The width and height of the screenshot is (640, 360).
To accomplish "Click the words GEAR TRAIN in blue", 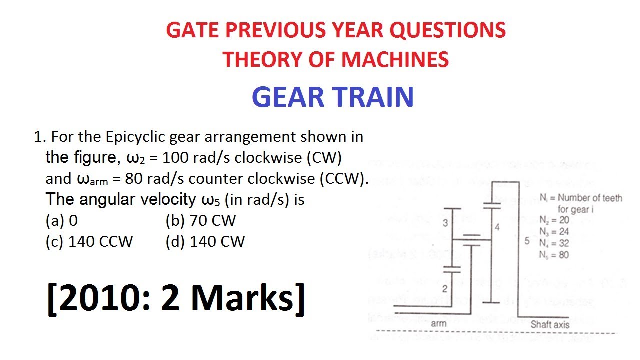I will pyautogui.click(x=333, y=97).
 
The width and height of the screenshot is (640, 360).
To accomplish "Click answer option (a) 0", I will pyautogui.click(x=62, y=220).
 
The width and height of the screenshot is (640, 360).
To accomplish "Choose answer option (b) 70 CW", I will pyautogui.click(x=200, y=220).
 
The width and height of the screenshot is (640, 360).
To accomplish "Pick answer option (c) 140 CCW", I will pyautogui.click(x=89, y=242).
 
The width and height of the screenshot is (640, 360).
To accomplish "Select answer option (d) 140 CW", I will pyautogui.click(x=205, y=242).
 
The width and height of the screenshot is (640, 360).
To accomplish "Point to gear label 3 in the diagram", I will pyautogui.click(x=445, y=223).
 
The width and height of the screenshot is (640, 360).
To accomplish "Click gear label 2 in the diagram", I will pyautogui.click(x=444, y=288).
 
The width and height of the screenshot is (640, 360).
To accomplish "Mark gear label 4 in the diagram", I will pyautogui.click(x=496, y=227).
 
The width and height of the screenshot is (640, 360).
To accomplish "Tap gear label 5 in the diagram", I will pyautogui.click(x=526, y=241).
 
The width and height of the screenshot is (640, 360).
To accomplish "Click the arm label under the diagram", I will pyautogui.click(x=438, y=323).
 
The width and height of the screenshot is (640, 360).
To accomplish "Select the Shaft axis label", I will pyautogui.click(x=550, y=324).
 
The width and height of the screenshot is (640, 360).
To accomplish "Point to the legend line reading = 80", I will pyautogui.click(x=554, y=255).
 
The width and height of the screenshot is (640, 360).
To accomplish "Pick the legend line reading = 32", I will pyautogui.click(x=554, y=243).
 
